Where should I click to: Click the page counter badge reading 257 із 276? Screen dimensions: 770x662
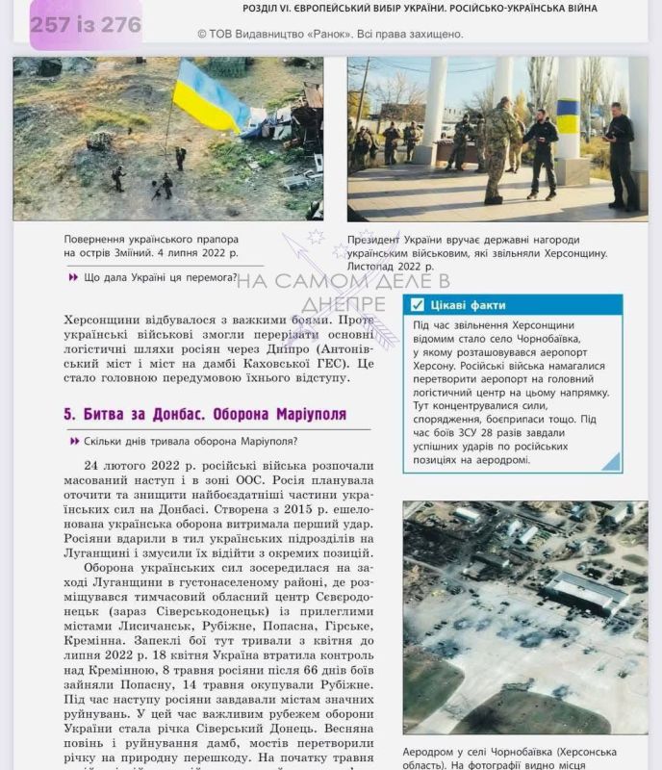[x=85, y=25]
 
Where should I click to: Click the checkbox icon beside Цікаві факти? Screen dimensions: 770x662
[x=417, y=305]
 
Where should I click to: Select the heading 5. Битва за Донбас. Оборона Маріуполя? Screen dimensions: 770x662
[x=204, y=414]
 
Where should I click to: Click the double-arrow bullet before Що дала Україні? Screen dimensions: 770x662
[x=73, y=277]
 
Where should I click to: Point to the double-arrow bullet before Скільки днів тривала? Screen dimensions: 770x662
[x=73, y=441]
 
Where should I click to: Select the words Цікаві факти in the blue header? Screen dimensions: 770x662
[x=468, y=305]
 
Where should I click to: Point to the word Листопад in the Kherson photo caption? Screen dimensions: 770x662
[x=371, y=267]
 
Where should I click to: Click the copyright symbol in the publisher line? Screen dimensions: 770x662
[x=202, y=34]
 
